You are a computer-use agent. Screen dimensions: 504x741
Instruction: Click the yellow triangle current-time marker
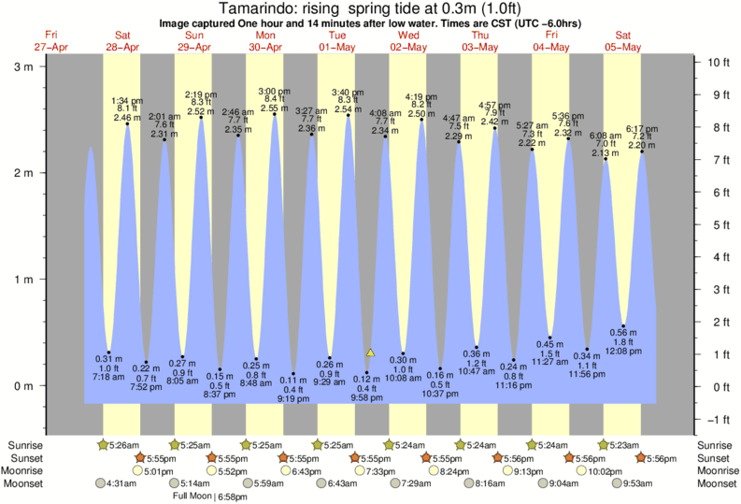[370, 353]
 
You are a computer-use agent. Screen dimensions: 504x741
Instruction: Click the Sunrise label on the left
[25, 444]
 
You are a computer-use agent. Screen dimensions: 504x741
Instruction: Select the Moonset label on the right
[716, 483]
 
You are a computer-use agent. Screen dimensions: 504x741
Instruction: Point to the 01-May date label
[335, 47]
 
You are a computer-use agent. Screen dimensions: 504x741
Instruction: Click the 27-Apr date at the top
[50, 47]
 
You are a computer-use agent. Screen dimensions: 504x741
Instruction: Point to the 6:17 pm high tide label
[641, 129]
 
